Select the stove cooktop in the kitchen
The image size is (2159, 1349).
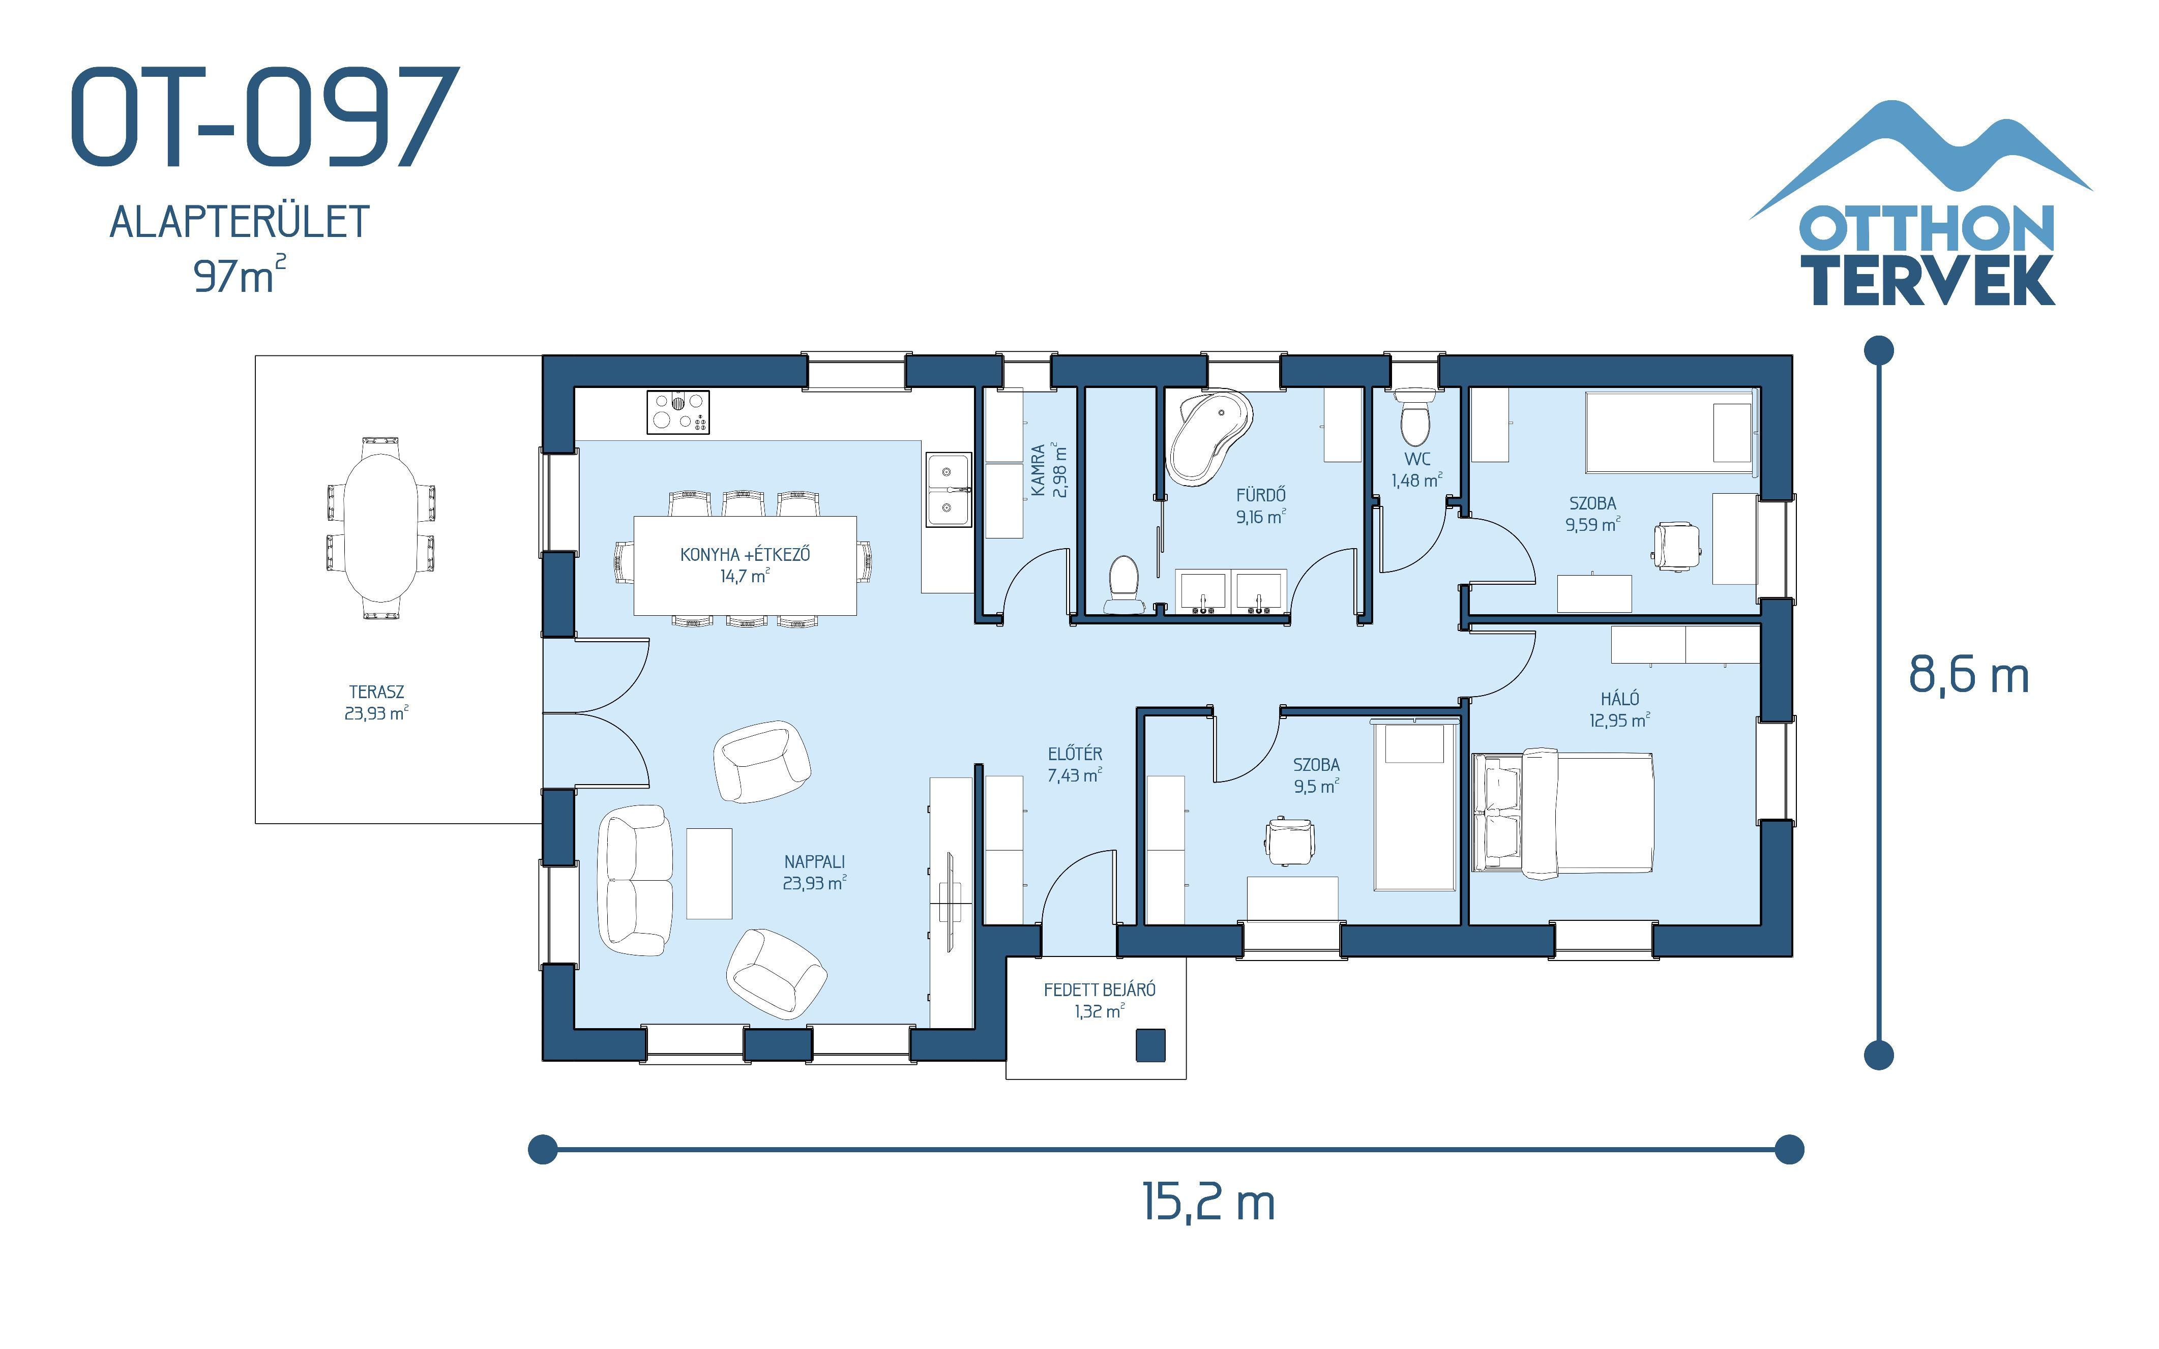[678, 412]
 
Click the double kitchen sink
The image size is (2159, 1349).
[949, 489]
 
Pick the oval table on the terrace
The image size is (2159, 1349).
[381, 528]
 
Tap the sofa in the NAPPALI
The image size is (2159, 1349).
[634, 881]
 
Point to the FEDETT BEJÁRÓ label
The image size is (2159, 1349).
[1099, 999]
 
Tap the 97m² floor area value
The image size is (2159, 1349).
[239, 275]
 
